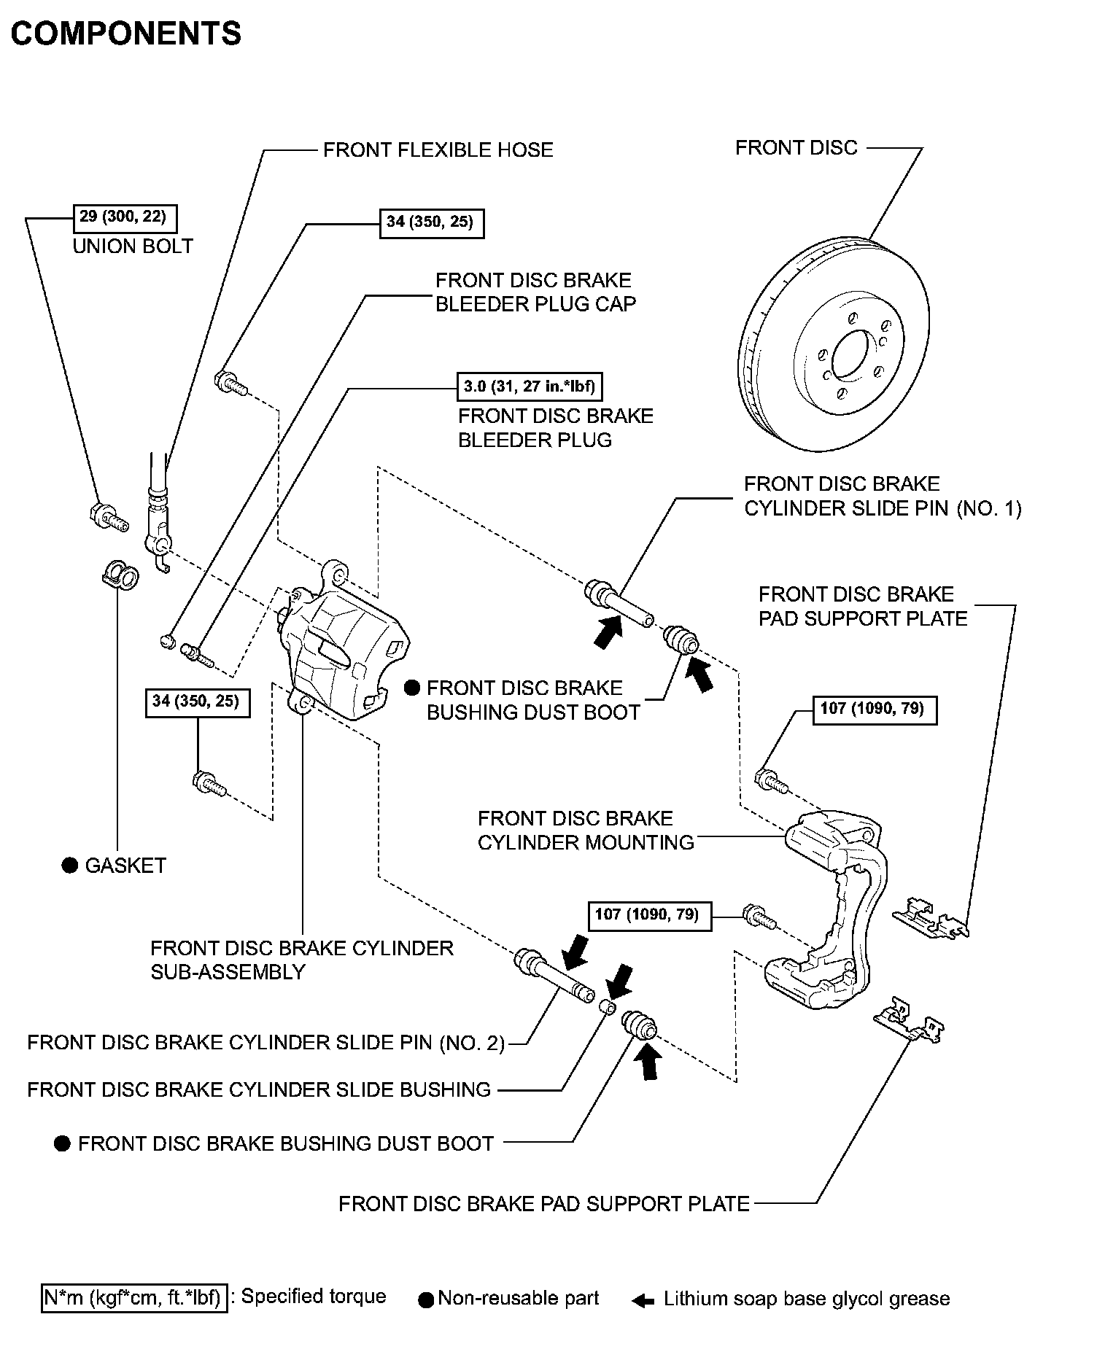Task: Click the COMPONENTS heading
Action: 125,34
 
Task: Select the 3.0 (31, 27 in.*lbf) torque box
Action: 530,386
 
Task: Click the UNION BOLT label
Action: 133,246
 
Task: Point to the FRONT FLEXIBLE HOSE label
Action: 438,150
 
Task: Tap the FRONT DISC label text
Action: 796,148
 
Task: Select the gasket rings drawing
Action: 120,575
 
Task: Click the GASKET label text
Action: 125,866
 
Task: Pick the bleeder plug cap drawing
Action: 167,641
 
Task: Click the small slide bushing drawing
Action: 606,1007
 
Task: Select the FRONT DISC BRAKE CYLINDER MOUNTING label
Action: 586,831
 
